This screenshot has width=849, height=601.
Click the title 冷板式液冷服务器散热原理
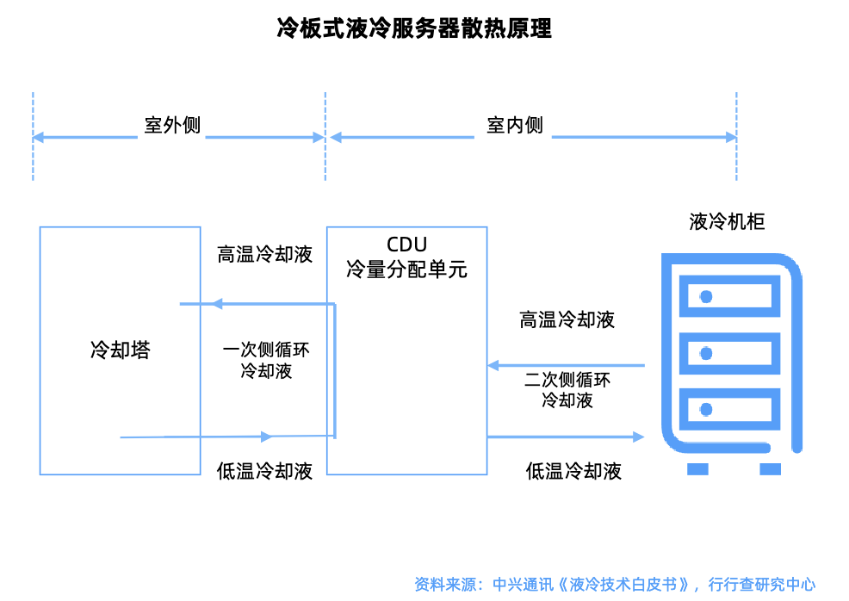click(414, 28)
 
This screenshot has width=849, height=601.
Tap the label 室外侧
click(172, 125)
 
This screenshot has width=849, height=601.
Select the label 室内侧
click(515, 125)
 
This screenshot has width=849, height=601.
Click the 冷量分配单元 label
click(406, 269)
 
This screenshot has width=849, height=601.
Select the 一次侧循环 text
click(266, 350)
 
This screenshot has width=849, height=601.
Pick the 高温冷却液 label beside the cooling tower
click(264, 255)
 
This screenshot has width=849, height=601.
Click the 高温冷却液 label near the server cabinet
click(567, 320)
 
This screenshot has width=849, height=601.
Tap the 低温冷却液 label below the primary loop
click(264, 471)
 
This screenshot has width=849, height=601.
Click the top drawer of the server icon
click(729, 297)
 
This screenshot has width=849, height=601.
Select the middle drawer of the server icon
click(729, 353)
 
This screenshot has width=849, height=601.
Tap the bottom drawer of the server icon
click(729, 408)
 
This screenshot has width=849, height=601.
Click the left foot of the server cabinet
click(697, 469)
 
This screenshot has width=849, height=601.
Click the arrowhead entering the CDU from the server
click(493, 365)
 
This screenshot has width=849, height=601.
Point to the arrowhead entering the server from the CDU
click(638, 437)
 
